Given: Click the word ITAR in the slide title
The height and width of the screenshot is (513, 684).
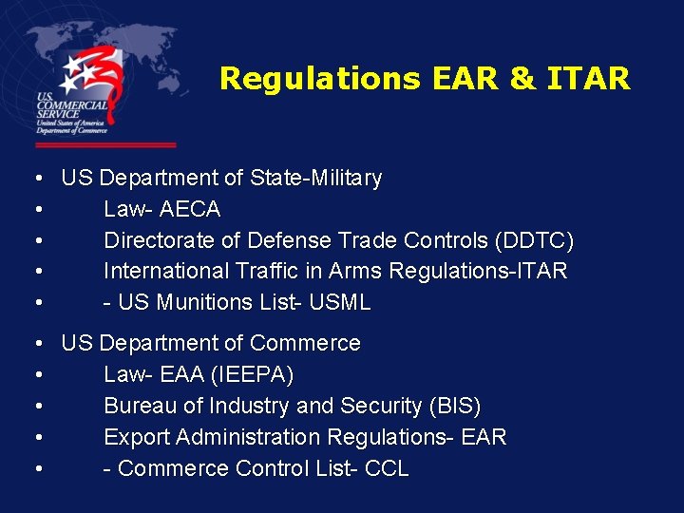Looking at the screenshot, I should [589, 78].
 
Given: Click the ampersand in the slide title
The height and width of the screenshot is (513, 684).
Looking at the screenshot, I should [522, 78].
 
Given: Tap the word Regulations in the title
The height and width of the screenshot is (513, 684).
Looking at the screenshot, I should [319, 78].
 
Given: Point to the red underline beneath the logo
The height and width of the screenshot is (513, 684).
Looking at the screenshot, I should [105, 145].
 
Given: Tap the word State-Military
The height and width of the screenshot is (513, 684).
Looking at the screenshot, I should [315, 178].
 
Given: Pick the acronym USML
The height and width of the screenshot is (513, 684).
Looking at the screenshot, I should [338, 302].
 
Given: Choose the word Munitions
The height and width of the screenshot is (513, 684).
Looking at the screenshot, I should [202, 302].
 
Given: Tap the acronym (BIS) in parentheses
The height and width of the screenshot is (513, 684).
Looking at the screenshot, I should [455, 406].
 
